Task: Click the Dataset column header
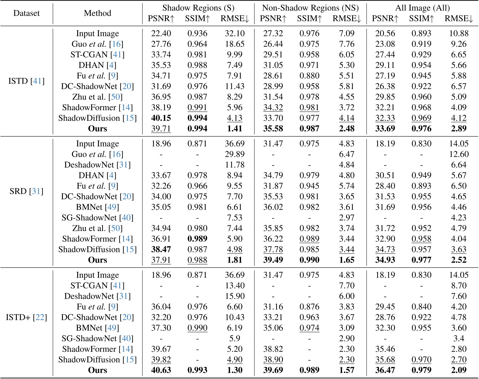[x=26, y=13]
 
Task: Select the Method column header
[x=97, y=13]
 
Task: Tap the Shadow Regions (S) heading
[x=198, y=8]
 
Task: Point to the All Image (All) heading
[x=422, y=8]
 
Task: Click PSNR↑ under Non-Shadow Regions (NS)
[x=273, y=19]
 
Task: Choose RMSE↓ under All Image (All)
[x=459, y=19]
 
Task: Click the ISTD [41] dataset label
[x=26, y=81]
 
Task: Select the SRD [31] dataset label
[x=26, y=191]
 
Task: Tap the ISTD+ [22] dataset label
[x=26, y=317]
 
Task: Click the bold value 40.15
[x=161, y=118]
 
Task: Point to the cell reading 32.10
[x=235, y=33]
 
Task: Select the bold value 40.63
[x=161, y=370]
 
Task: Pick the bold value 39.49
[x=273, y=260]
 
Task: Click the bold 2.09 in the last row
[x=459, y=370]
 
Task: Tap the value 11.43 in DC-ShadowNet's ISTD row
[x=235, y=86]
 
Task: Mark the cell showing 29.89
[x=235, y=154]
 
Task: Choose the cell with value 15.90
[x=235, y=296]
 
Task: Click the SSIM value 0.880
[x=309, y=76]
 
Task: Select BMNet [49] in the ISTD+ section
[x=97, y=328]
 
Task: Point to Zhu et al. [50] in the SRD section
[x=97, y=228]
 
